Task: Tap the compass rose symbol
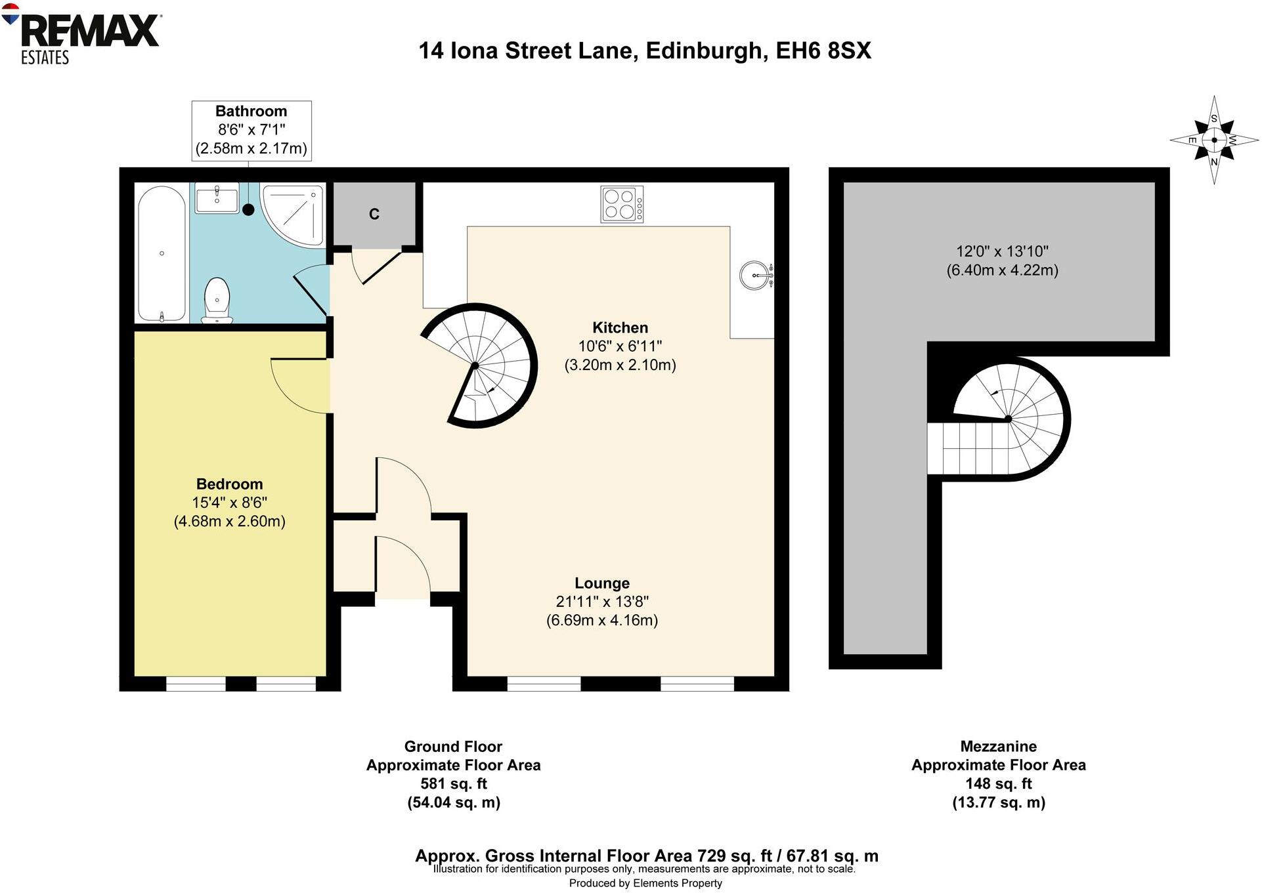(x=1213, y=140)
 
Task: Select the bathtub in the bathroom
(x=162, y=253)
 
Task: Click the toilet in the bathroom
(x=217, y=301)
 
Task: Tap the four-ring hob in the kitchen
(x=621, y=204)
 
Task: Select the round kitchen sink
(x=754, y=275)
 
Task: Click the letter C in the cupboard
(x=374, y=214)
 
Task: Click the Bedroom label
(x=229, y=484)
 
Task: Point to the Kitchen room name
(x=620, y=327)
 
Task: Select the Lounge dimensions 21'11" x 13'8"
(x=602, y=602)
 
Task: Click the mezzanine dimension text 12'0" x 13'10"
(x=1002, y=251)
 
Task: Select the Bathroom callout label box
(x=251, y=130)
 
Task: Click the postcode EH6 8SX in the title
(x=823, y=51)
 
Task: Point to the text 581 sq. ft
(x=453, y=783)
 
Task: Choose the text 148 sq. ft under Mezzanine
(x=998, y=783)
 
